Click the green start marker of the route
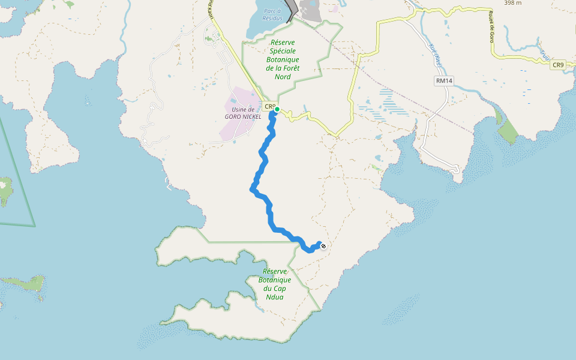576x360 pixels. click(277, 109)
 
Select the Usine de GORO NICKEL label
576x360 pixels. click(243, 113)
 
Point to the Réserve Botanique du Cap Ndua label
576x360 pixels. click(274, 284)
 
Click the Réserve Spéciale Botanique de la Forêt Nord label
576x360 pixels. click(284, 60)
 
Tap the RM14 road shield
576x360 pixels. click(445, 80)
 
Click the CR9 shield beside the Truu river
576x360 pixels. click(559, 65)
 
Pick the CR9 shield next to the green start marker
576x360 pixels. click(269, 107)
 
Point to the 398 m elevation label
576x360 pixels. click(512, 3)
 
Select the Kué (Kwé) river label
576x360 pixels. click(436, 54)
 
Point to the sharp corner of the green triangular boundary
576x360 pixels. click(34, 226)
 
